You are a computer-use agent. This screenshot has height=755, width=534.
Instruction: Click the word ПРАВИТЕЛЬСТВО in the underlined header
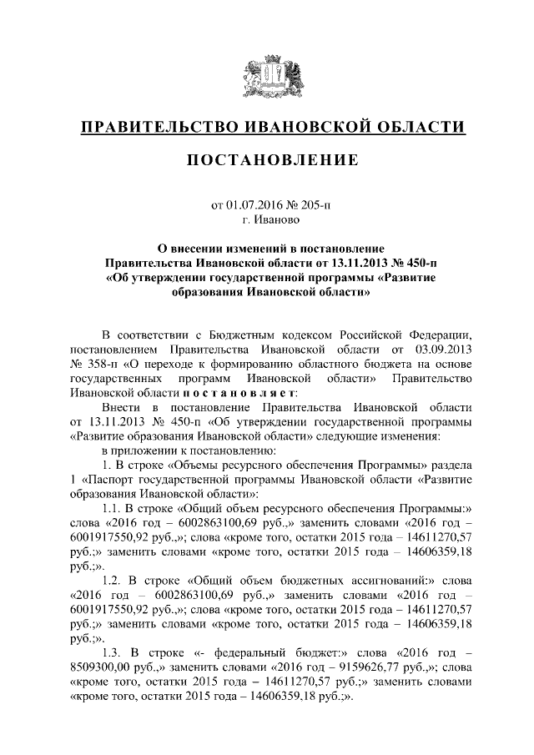coord(154,127)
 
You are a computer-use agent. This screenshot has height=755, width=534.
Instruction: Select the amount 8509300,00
coord(105,666)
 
